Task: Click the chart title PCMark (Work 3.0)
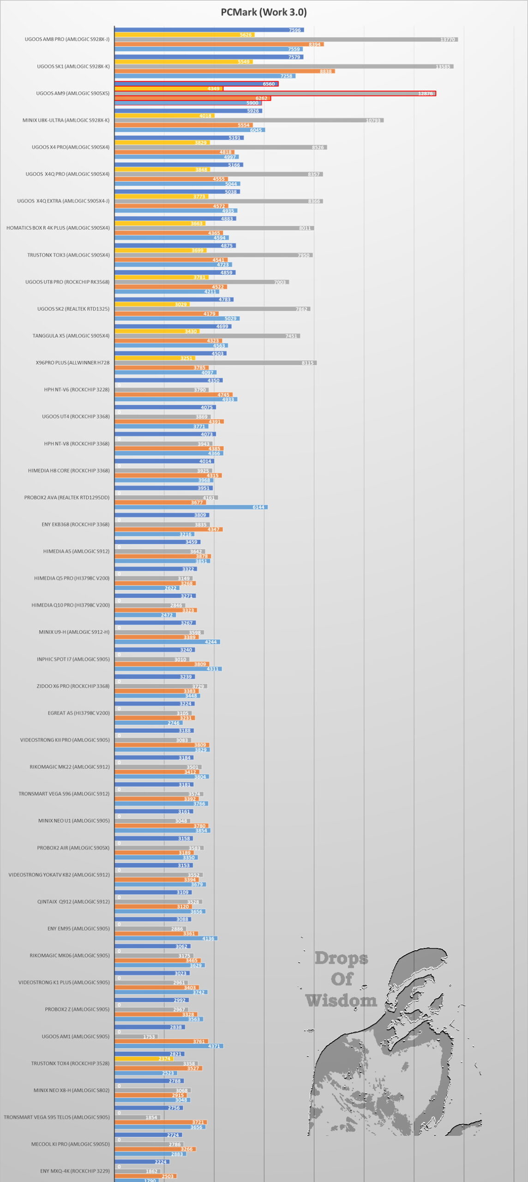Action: pos(264,12)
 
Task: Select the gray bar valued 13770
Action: pos(286,40)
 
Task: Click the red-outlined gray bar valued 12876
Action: pos(275,94)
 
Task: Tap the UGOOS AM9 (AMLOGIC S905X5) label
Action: pos(73,94)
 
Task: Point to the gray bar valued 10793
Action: pos(249,121)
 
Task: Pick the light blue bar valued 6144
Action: pos(191,507)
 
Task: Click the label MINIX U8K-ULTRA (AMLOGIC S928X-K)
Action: pos(66,121)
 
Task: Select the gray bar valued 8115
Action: pos(215,363)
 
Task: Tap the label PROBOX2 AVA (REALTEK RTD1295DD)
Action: pos(67,498)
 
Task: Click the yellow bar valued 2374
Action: pos(143,1059)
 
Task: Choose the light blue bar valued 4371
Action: pos(169,1046)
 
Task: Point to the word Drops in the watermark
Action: pos(341,959)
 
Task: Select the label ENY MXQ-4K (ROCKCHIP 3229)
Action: pos(75,1171)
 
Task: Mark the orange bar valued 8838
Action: pos(224,72)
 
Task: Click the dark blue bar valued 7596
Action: pos(209,30)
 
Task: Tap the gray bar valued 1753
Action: pos(136,1037)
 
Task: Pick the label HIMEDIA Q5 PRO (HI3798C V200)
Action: pos(72,579)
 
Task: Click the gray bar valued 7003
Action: pos(201,282)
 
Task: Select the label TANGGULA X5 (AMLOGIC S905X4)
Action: pos(71,336)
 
